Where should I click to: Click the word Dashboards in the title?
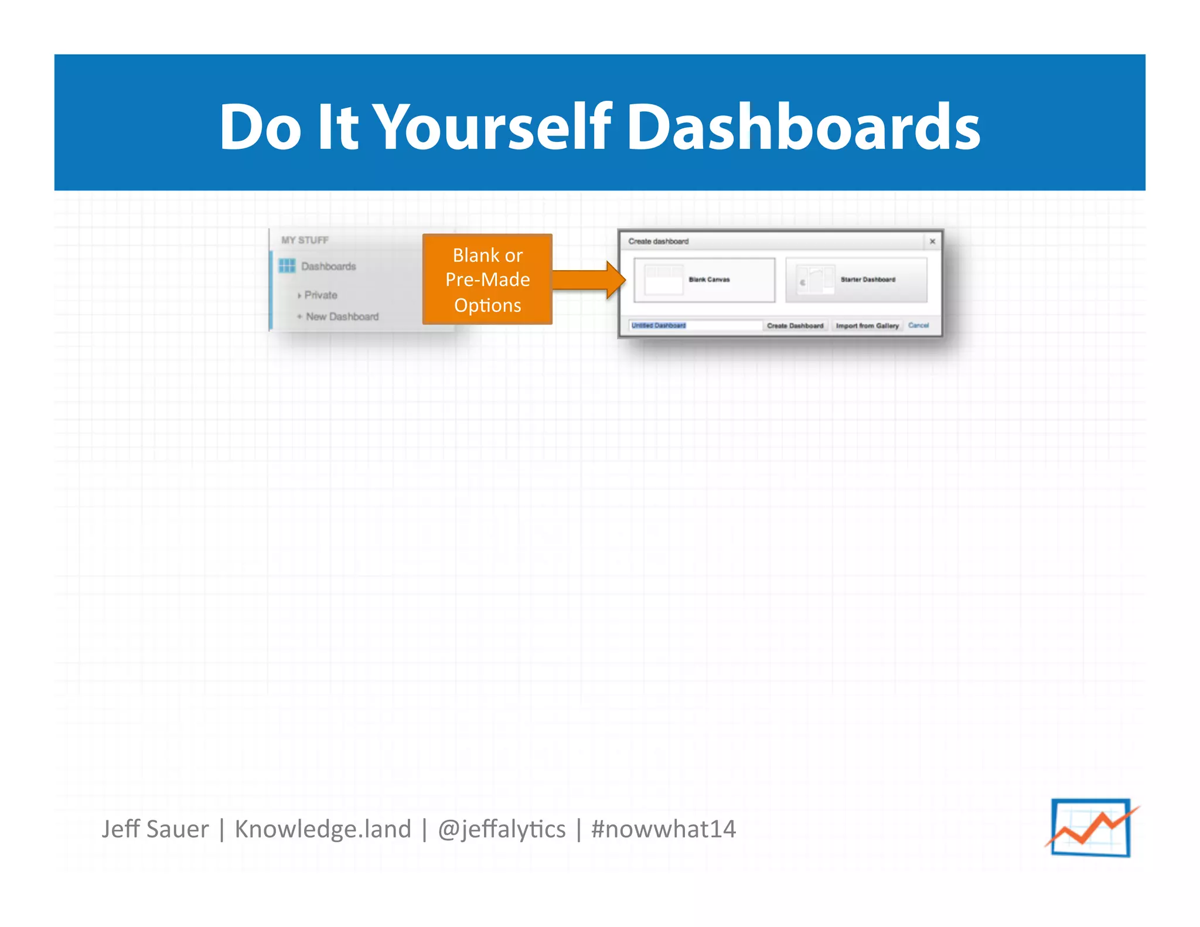804,127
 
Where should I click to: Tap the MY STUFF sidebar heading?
305,240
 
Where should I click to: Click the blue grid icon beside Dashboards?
287,266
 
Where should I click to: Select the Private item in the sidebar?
321,295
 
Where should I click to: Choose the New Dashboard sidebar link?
342,317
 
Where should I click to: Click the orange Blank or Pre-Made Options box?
487,280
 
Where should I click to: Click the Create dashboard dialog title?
658,241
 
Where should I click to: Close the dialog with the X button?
932,241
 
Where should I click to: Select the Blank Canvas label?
709,280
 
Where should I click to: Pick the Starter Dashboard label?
868,280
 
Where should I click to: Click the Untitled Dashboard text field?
695,326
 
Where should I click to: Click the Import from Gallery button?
867,326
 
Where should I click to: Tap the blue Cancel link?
918,326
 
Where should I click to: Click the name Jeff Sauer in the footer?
155,829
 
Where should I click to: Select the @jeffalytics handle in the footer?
502,829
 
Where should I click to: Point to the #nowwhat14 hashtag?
663,829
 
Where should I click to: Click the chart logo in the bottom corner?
1091,827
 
